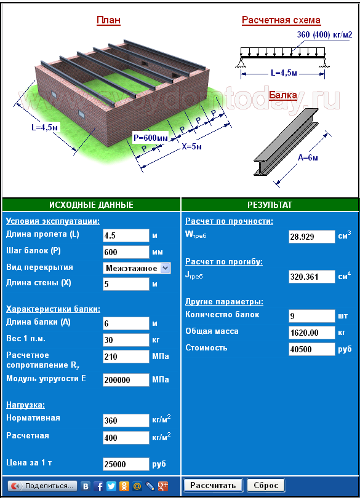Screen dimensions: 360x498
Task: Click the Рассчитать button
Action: pos(213,485)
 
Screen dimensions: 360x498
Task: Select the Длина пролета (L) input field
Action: pos(126,235)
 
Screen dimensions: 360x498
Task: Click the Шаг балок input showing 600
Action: pos(126,252)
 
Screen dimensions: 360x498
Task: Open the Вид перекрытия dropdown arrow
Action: pos(166,268)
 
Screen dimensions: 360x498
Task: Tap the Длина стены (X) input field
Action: pos(126,284)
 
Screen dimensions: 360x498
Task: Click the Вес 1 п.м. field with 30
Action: pos(126,340)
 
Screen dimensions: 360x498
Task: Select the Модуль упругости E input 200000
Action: pos(126,380)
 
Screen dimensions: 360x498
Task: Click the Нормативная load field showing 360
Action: pos(126,421)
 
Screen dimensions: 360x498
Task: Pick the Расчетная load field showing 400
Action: pos(126,438)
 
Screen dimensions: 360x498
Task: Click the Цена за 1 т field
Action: pos(126,464)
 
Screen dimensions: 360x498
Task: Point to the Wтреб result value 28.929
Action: pos(311,237)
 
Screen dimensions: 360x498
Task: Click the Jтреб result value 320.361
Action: pos(311,277)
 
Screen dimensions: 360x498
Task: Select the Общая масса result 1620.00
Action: pos(311,333)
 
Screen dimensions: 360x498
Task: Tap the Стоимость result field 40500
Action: pos(311,349)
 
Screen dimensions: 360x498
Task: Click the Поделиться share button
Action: pos(42,486)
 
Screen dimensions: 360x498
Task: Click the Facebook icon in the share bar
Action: pos(98,486)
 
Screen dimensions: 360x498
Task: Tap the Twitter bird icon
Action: pos(111,486)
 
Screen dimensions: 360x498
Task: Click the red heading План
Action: pos(108,20)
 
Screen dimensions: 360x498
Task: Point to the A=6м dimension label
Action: pos(308,157)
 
